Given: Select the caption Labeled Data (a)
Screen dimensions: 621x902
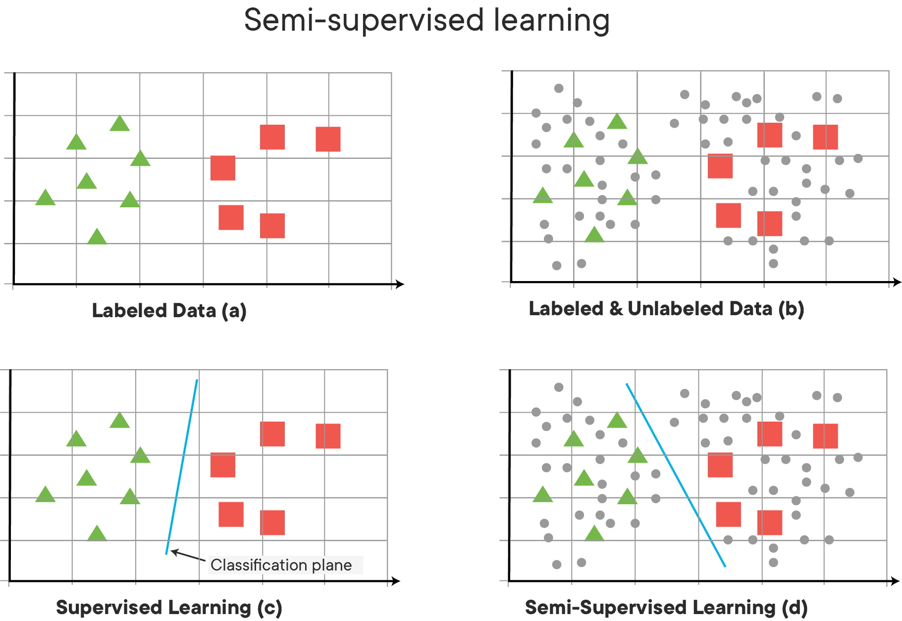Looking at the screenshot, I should point(169,311).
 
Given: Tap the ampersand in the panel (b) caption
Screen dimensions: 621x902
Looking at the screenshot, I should point(615,308).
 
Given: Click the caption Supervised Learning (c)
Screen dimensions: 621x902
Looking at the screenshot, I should point(169,607).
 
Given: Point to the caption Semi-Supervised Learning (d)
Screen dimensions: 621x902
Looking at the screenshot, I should point(666,607).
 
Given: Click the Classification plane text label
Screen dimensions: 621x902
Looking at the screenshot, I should point(281,565).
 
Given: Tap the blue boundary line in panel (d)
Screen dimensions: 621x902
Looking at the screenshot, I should point(676,475).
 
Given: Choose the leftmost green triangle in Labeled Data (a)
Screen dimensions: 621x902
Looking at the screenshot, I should point(45,198).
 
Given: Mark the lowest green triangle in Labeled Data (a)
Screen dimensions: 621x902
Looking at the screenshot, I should point(97,237).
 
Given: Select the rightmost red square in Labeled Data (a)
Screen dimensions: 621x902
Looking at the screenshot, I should point(328,139).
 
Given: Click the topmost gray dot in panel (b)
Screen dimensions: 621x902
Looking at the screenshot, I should point(559,88).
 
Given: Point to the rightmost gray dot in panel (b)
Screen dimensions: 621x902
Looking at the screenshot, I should point(858,158).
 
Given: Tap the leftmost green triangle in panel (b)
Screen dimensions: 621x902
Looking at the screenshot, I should point(542,196).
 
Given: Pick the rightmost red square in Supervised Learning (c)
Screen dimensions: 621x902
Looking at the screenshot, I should point(328,436).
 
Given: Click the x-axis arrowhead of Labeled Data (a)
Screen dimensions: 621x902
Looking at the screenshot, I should point(400,284).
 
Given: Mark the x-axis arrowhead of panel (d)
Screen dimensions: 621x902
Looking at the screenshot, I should point(895,581).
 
